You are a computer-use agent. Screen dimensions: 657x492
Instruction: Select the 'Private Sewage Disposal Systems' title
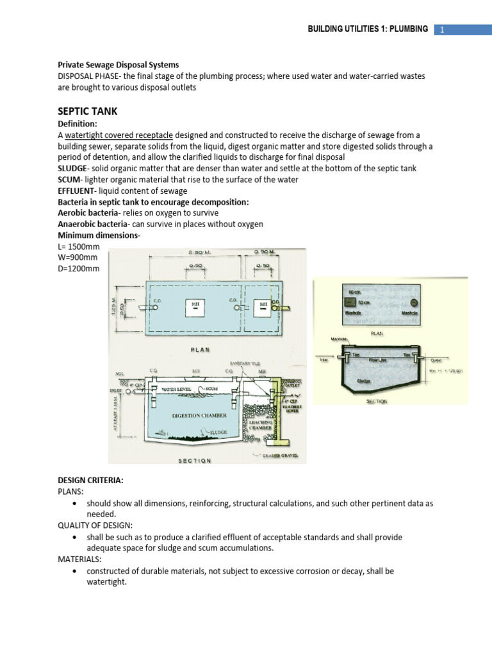tap(119, 65)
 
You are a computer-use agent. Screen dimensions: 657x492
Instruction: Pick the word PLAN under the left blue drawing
tap(201, 349)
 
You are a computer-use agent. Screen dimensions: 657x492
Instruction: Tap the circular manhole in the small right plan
tap(413, 303)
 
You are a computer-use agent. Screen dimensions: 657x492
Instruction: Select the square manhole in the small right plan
tap(350, 302)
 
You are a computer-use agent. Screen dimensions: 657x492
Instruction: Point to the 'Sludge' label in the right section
tap(364, 380)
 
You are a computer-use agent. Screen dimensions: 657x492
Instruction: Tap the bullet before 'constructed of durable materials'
tap(76, 570)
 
